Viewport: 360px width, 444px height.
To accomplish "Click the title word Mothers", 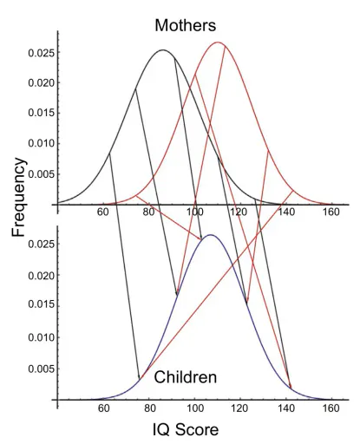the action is [186, 25].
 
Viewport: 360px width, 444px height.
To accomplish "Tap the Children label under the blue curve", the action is [186, 377].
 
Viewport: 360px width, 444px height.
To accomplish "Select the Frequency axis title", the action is [19, 198].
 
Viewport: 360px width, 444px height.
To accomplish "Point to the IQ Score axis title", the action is [186, 429].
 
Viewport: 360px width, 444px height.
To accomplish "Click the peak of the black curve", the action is [163, 50].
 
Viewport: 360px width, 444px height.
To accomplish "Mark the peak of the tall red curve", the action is [218, 42].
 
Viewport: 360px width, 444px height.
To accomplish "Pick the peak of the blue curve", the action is [211, 235].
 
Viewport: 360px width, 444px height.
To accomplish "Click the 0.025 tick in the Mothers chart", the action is [42, 53].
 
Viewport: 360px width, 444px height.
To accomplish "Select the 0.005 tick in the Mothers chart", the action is [42, 174].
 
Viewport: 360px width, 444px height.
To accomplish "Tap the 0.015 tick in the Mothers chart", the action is [42, 113].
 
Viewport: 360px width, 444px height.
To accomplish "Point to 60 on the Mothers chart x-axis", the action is [103, 212].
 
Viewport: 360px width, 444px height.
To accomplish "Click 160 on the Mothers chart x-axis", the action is [331, 212].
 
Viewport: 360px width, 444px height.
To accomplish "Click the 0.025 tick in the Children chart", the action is [42, 245].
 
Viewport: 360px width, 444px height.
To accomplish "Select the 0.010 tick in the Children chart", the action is [42, 337].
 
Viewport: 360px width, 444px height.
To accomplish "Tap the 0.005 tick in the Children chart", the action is [42, 369].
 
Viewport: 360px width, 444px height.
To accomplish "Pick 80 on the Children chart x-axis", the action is [149, 408].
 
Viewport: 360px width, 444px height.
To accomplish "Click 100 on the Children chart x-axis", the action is [194, 408].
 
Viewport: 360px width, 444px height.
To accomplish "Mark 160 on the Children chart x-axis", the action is [331, 408].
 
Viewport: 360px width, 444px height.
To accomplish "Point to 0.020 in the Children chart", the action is [42, 276].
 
